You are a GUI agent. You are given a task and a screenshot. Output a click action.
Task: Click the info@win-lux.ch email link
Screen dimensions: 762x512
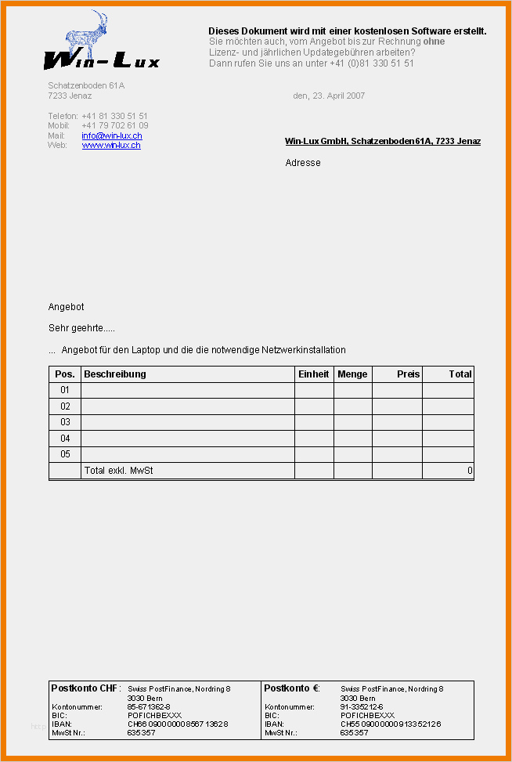click(111, 135)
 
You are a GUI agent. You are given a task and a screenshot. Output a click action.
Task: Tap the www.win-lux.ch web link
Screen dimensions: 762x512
click(111, 145)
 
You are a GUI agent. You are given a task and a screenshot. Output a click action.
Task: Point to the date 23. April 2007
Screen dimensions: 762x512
click(329, 96)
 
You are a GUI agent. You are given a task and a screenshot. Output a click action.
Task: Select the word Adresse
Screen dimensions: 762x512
click(303, 163)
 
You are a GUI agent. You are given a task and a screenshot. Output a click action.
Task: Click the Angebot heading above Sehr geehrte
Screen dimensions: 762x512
click(66, 307)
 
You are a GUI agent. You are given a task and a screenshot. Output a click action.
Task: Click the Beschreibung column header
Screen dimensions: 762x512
click(115, 374)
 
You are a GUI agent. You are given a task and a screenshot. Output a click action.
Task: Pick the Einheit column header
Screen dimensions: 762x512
click(314, 374)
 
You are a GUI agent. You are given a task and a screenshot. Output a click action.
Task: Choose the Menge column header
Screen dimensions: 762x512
click(352, 374)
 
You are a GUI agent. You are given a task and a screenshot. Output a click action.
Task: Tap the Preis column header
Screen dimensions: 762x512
click(408, 374)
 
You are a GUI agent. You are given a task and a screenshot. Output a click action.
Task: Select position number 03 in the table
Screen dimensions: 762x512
click(65, 422)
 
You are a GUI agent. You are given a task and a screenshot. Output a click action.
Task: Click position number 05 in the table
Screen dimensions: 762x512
click(65, 454)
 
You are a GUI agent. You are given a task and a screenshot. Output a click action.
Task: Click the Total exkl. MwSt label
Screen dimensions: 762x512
click(118, 471)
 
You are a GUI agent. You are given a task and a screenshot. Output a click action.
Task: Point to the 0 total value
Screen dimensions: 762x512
click(470, 471)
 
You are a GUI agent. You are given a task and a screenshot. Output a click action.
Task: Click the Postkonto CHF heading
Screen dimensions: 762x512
click(85, 688)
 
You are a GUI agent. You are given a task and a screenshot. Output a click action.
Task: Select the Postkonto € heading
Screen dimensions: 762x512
click(291, 688)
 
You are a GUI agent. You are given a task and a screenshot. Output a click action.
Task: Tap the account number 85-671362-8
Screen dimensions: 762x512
click(149, 706)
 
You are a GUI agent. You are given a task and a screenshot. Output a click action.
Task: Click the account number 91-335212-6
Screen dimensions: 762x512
click(362, 706)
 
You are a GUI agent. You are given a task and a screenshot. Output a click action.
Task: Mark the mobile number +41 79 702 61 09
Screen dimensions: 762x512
click(114, 125)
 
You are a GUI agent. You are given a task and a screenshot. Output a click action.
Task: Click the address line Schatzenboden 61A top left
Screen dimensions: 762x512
click(86, 85)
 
